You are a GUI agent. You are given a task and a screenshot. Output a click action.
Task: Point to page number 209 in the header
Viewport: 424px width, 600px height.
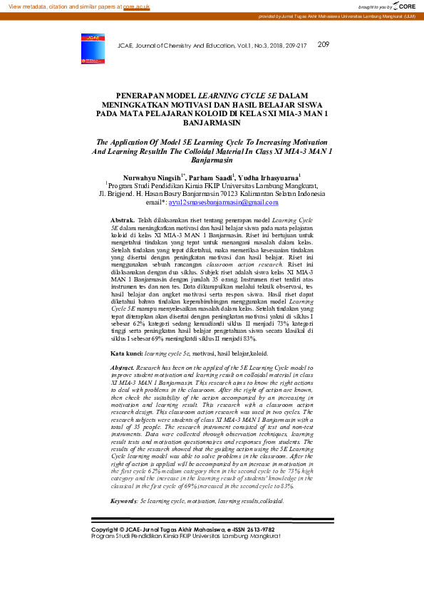coord(323,44)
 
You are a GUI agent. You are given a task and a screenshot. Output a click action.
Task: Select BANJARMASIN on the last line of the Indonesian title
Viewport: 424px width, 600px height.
coord(212,123)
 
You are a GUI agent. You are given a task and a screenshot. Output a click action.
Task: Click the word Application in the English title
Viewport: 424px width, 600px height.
coord(131,142)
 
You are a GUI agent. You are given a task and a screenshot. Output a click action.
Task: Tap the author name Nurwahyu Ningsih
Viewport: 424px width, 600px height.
coord(152,176)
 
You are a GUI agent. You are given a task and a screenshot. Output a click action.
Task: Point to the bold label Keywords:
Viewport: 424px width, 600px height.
coord(124,502)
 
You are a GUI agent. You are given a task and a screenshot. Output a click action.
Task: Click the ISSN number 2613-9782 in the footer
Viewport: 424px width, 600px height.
coord(259,529)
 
